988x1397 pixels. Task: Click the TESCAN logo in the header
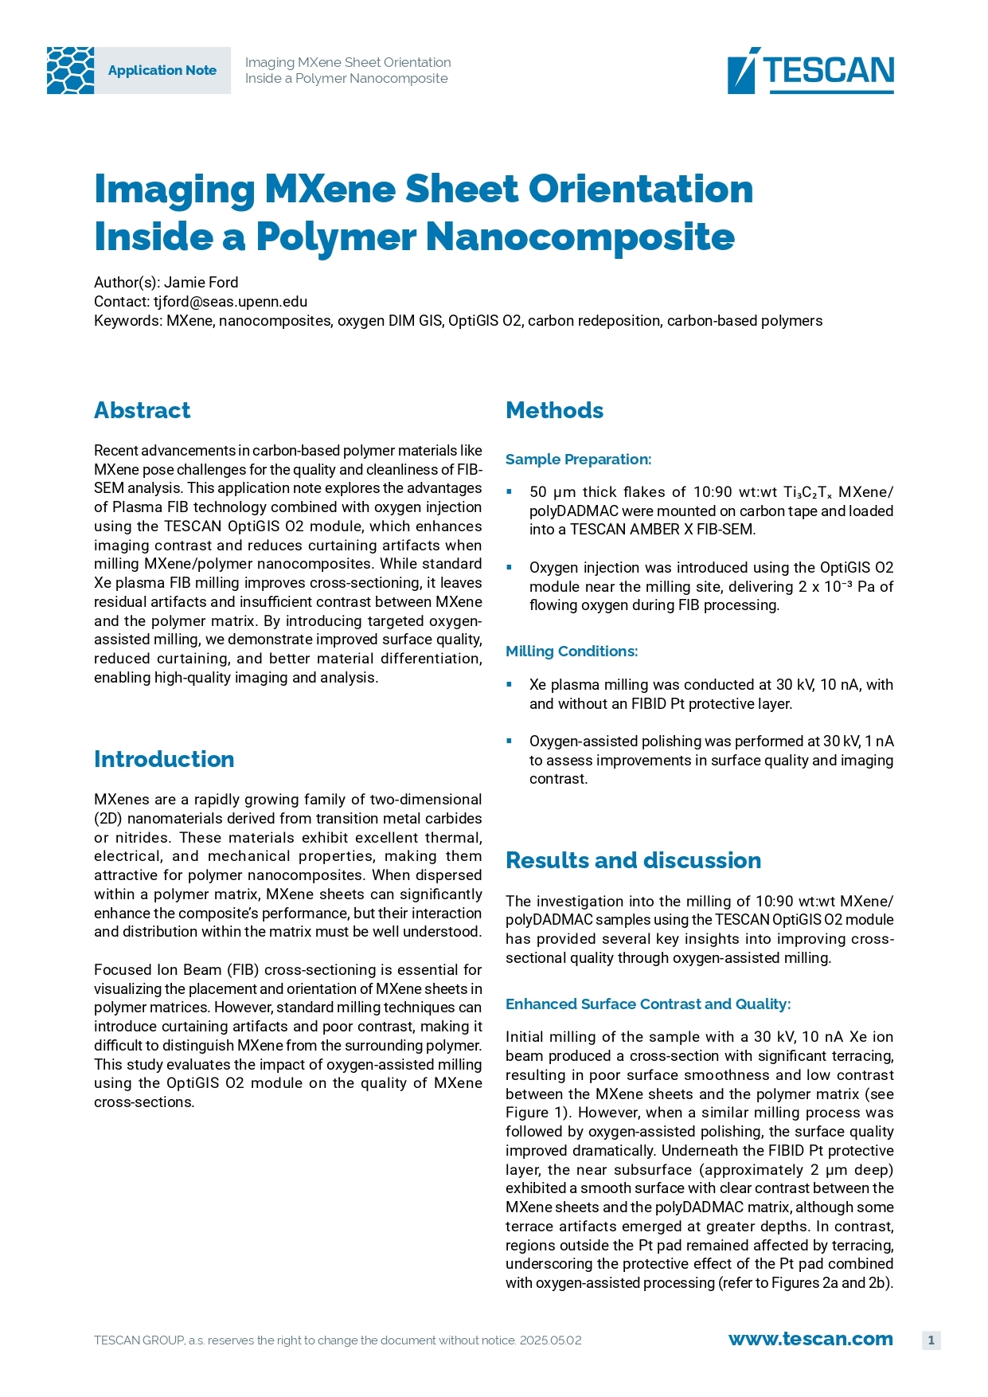pyautogui.click(x=810, y=70)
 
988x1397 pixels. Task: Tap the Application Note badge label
pyautogui.click(x=162, y=70)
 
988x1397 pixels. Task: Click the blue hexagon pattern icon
pyautogui.click(x=70, y=70)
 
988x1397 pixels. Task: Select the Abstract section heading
pyautogui.click(x=142, y=410)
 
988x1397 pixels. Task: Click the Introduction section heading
pyautogui.click(x=164, y=759)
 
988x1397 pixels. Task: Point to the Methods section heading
pyautogui.click(x=554, y=410)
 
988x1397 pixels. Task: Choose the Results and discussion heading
pyautogui.click(x=633, y=860)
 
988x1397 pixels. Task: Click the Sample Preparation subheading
pyautogui.click(x=578, y=460)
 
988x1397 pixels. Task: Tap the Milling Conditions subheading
pyautogui.click(x=572, y=652)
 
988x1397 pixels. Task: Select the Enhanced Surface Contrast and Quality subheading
pyautogui.click(x=648, y=1004)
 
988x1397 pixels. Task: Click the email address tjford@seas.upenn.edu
pyautogui.click(x=230, y=302)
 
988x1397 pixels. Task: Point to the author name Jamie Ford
pyautogui.click(x=201, y=283)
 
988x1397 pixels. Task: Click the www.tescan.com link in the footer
pyautogui.click(x=810, y=1339)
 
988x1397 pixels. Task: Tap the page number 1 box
pyautogui.click(x=931, y=1340)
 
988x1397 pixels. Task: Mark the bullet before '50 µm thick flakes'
pyautogui.click(x=510, y=492)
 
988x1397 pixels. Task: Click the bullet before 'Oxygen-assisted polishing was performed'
pyautogui.click(x=510, y=741)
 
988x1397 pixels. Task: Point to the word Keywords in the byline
pyautogui.click(x=127, y=321)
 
